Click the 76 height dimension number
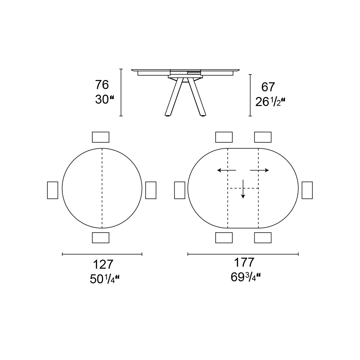pos(102,85)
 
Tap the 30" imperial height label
pos(104,100)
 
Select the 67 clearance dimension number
pos(268,87)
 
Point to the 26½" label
pos(270,102)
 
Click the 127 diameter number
pos(103,264)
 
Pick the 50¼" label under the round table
pos(104,279)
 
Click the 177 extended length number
pos(244,262)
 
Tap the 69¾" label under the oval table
pos(245,277)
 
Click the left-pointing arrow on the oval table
pos(227,170)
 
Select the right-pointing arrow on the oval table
pos(259,170)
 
